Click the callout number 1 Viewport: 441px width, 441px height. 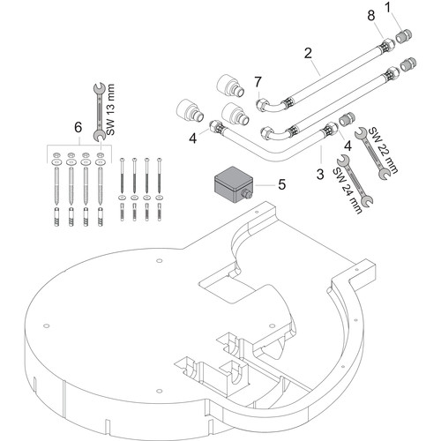[x=389, y=8]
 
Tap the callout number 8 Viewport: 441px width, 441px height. [x=371, y=15]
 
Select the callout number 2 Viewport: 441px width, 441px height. [x=308, y=53]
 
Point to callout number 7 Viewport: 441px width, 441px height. [x=258, y=82]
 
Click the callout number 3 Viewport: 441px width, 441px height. [x=320, y=174]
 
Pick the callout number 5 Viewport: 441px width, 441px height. [x=282, y=184]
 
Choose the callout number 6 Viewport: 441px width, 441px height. [x=78, y=128]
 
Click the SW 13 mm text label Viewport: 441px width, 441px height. [x=110, y=109]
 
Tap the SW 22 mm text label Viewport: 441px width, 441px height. [x=383, y=150]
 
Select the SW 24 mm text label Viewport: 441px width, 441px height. [x=348, y=191]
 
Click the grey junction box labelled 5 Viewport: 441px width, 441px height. [x=234, y=184]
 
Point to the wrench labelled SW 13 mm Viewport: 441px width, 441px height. [x=100, y=111]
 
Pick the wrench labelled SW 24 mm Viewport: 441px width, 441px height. [x=355, y=182]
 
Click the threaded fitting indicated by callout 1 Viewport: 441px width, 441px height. [x=404, y=37]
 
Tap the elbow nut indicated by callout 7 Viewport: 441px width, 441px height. [x=261, y=105]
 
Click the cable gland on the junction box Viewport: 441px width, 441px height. [x=246, y=194]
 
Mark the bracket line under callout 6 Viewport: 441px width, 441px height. [x=79, y=146]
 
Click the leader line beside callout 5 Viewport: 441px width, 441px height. [x=265, y=185]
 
